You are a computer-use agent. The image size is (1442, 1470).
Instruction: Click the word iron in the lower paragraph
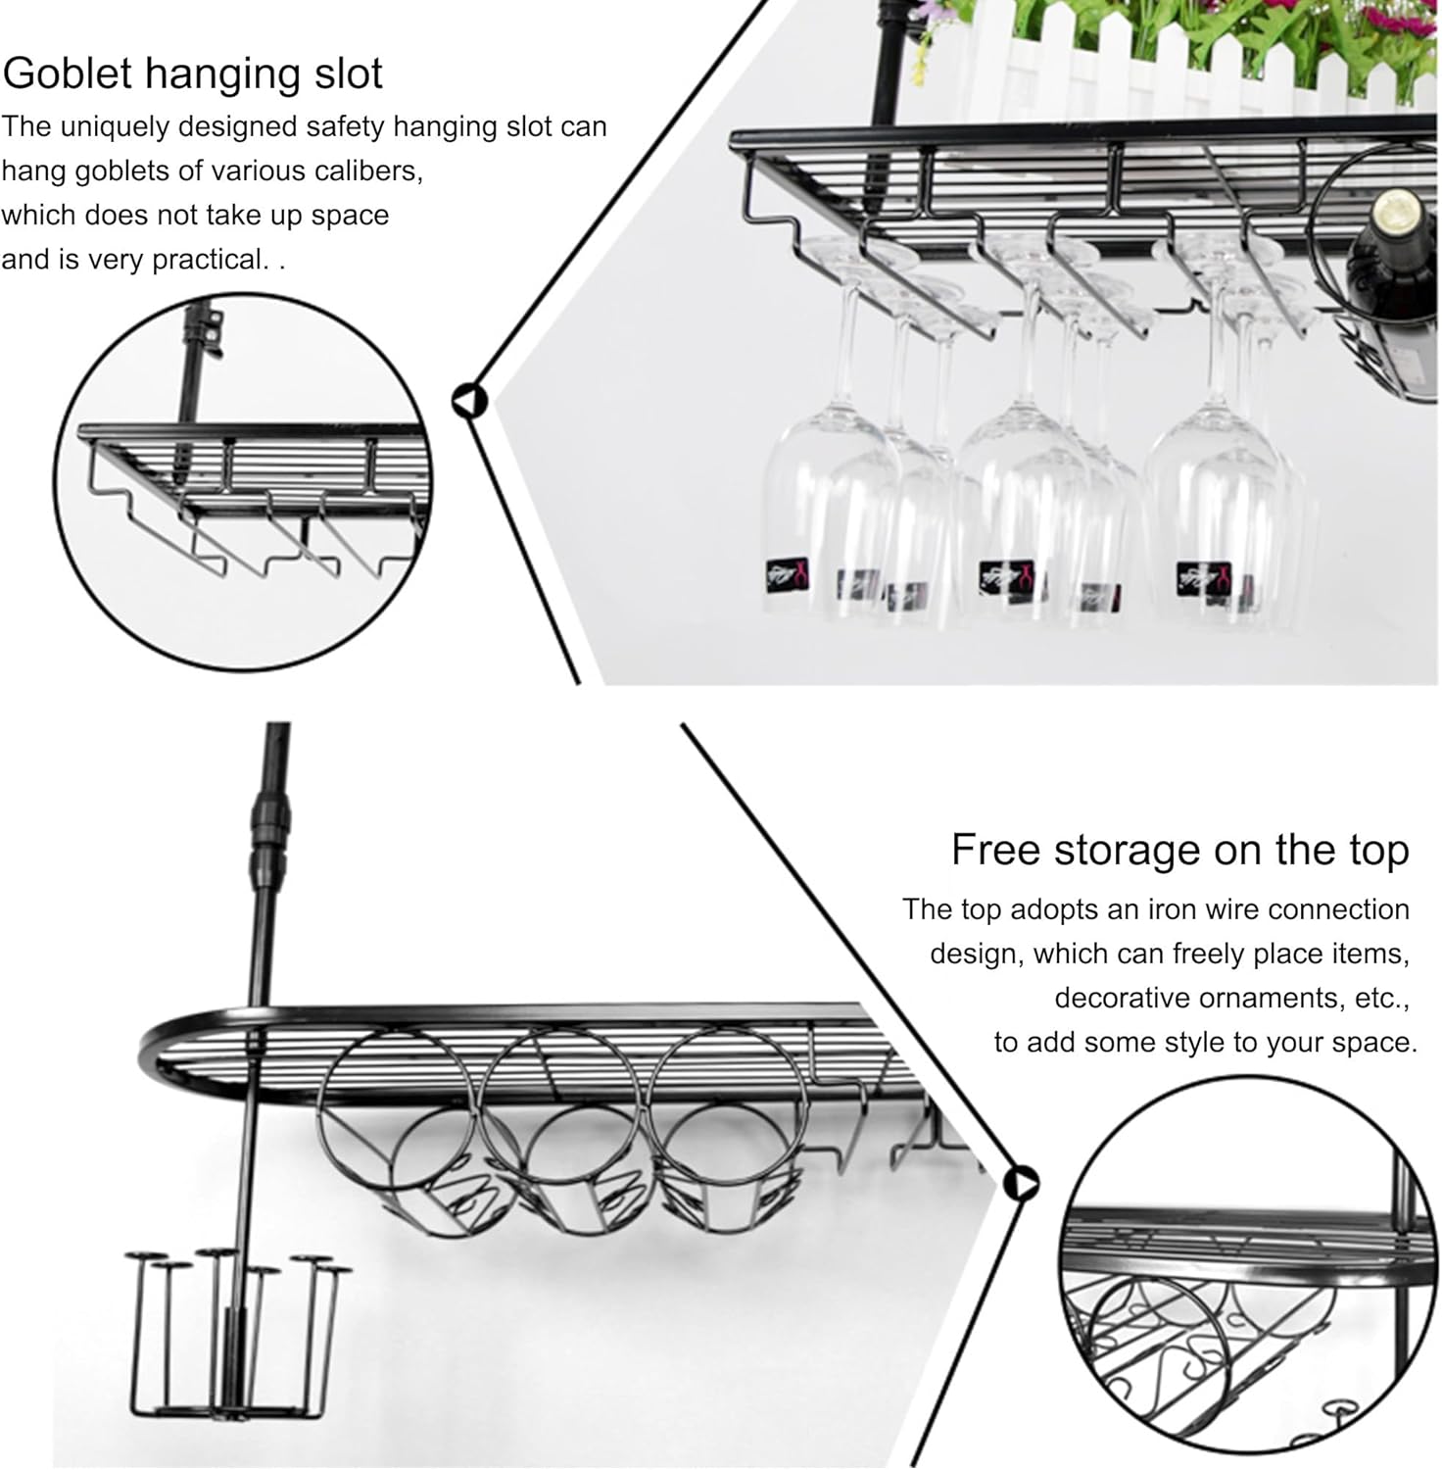1172,909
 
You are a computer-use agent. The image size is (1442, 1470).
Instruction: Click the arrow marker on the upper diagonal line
469,401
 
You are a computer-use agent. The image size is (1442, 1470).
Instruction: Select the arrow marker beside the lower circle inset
1022,1184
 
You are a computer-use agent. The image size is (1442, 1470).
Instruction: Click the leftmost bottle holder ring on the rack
397,1107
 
